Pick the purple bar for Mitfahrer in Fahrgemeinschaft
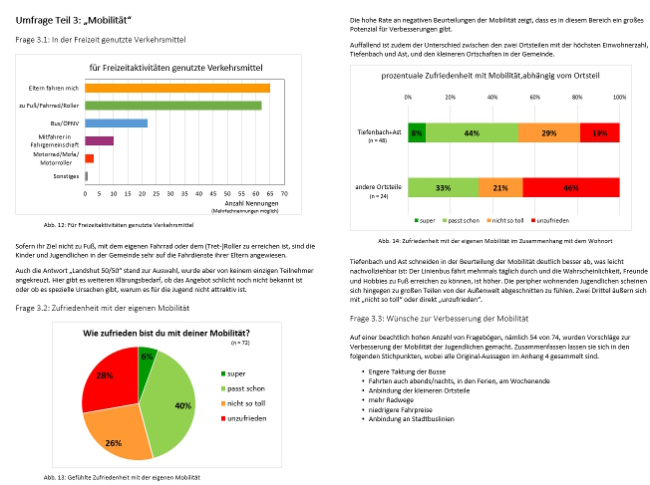(99, 140)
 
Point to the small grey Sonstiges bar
(87, 175)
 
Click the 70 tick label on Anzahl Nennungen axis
(284, 193)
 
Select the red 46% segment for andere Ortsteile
(570, 187)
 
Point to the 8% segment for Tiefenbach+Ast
(416, 132)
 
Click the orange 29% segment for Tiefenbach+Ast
(549, 132)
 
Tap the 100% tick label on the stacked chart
(619, 97)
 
